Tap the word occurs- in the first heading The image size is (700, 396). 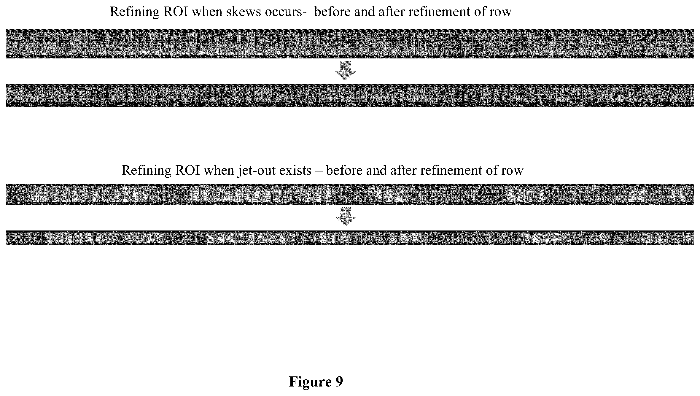[x=286, y=12]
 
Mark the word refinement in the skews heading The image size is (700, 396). [x=444, y=12]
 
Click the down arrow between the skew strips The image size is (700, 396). [x=346, y=71]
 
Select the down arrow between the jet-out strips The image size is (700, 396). [x=346, y=217]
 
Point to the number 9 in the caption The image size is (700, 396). [x=340, y=381]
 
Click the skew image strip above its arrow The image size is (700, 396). [x=350, y=43]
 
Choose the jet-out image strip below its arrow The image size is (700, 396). [x=350, y=238]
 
